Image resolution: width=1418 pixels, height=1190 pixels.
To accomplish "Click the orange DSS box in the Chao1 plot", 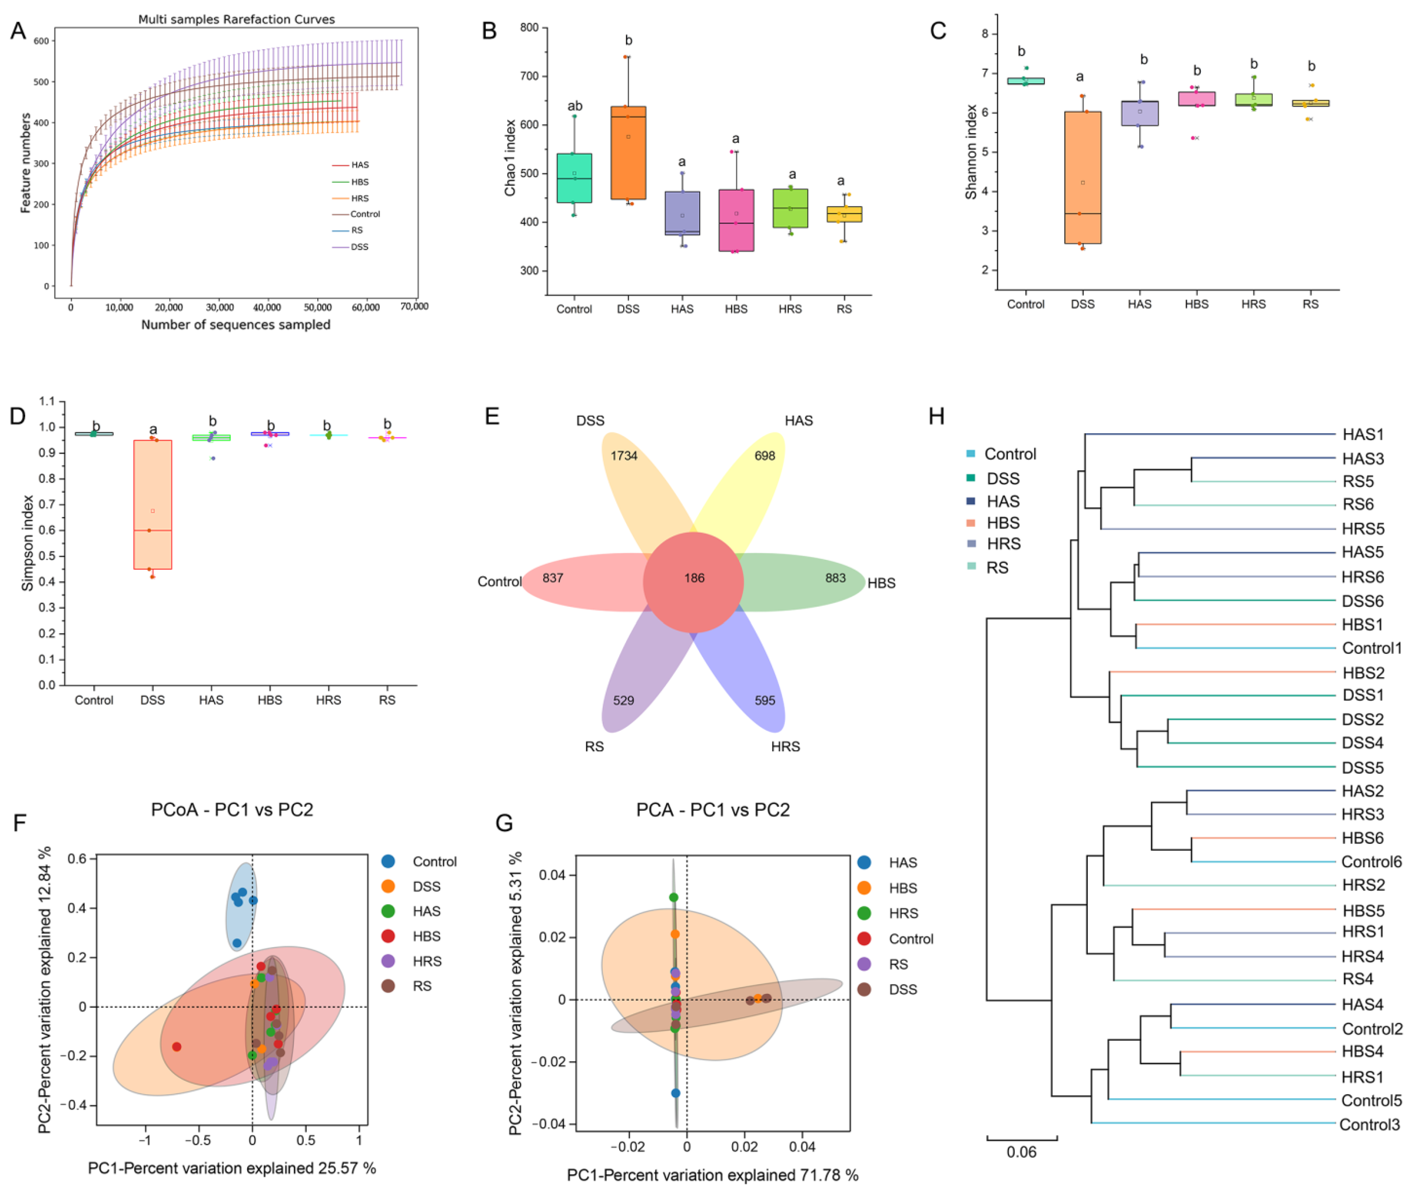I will pyautogui.click(x=628, y=153).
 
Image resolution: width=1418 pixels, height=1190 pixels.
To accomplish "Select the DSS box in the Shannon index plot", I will pyautogui.click(x=1083, y=177).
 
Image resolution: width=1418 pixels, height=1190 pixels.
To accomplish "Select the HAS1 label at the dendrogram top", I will pyautogui.click(x=1363, y=434).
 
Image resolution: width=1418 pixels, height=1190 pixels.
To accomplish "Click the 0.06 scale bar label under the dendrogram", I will pyautogui.click(x=1021, y=1151).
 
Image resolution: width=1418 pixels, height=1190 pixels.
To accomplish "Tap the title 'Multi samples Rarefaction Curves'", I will pyautogui.click(x=236, y=19).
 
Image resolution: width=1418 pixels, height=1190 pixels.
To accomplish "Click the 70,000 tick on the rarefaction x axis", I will pyautogui.click(x=414, y=307).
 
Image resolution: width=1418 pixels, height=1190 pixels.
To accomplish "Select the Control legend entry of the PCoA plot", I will pyautogui.click(x=434, y=862).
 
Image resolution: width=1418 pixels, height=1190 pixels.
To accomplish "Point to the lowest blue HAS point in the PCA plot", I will pyautogui.click(x=675, y=1093).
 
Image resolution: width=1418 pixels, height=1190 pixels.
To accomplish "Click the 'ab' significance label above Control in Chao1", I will pyautogui.click(x=575, y=106).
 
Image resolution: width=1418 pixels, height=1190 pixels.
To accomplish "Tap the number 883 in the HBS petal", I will pyautogui.click(x=835, y=578).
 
